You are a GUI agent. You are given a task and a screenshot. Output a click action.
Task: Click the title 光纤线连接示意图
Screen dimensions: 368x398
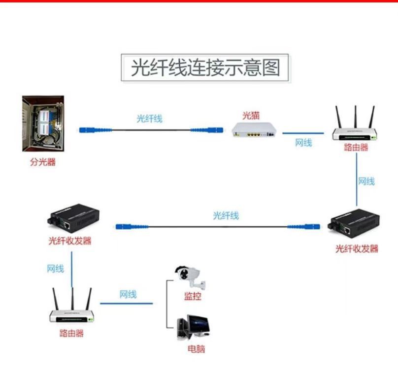click(x=205, y=68)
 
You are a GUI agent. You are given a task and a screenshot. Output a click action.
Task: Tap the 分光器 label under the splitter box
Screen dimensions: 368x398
click(x=43, y=162)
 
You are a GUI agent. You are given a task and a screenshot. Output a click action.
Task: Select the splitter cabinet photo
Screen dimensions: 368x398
click(x=43, y=125)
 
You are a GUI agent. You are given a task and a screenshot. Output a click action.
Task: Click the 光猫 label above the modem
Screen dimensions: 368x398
click(x=251, y=116)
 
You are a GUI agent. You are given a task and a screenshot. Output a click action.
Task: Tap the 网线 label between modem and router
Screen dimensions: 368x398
click(x=303, y=143)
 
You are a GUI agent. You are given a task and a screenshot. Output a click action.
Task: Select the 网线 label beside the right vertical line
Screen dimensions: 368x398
click(x=366, y=182)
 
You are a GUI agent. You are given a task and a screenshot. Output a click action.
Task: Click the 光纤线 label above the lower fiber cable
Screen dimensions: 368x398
click(x=226, y=215)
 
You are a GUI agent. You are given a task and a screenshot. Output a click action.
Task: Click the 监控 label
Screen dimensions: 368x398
click(x=193, y=296)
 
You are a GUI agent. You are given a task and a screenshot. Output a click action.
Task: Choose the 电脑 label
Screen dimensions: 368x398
click(x=196, y=349)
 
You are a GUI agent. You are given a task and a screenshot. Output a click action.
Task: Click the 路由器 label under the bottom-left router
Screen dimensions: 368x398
click(x=71, y=333)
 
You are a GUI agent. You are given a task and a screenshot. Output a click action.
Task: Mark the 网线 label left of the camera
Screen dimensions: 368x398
click(x=128, y=295)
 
